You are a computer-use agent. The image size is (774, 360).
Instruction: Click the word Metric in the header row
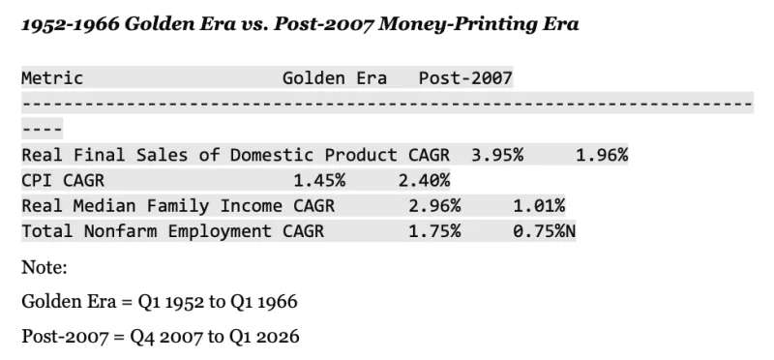52,78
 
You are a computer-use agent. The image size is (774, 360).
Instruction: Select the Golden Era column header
335,78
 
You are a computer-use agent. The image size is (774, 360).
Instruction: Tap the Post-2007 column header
465,78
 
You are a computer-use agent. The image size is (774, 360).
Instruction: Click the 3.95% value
497,155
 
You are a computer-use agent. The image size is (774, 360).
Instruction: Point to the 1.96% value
602,155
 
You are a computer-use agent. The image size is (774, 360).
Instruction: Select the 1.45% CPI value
319,181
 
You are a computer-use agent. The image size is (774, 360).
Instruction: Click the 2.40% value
424,181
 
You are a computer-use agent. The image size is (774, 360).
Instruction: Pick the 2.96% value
434,206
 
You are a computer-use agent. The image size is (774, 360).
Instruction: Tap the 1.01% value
539,206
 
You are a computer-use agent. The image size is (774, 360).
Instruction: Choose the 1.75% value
434,231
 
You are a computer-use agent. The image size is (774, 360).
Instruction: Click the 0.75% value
539,231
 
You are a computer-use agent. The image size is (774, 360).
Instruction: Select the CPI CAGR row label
63,181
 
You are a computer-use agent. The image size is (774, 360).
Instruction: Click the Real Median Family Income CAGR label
178,206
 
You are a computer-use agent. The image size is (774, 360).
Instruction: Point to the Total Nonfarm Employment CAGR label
173,231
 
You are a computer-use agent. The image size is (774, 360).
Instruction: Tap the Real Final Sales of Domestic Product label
209,155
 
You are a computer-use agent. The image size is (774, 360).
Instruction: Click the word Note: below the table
45,268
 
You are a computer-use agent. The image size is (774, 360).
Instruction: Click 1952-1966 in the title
70,24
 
